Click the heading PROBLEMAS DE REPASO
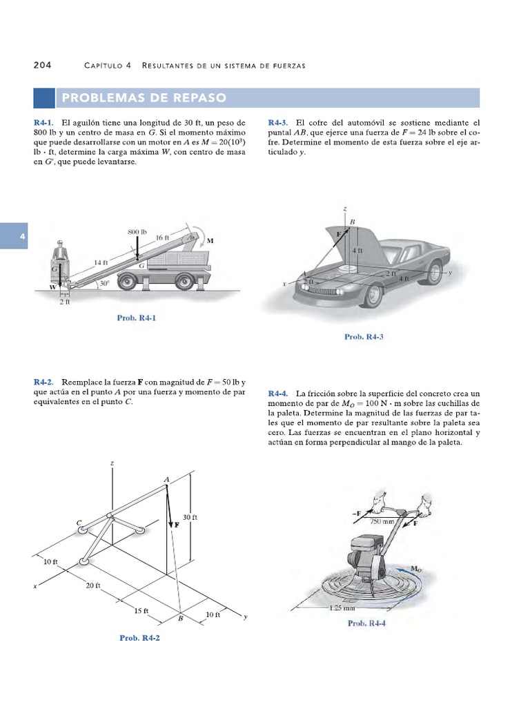[144, 98]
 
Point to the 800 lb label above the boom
[138, 232]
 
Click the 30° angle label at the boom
[104, 283]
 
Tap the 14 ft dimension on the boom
[102, 263]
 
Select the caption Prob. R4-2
[139, 638]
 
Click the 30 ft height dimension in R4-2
[190, 517]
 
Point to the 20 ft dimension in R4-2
[94, 585]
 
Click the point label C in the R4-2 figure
[80, 524]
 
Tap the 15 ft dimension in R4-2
[141, 610]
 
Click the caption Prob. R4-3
[364, 337]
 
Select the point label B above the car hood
[352, 221]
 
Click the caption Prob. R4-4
[366, 623]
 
